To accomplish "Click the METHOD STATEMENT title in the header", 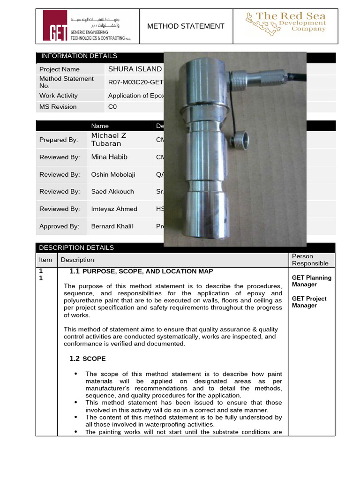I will pyautogui.click(x=186, y=26).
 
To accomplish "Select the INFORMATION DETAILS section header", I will pyautogui.click(x=79, y=56).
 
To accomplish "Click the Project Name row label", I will pyautogui.click(x=56, y=69).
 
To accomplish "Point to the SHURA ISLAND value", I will pyautogui.click(x=135, y=69).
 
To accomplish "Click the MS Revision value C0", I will pyautogui.click(x=112, y=107).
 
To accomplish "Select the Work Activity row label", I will pyautogui.click(x=59, y=96).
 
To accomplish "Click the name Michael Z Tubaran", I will pyautogui.click(x=109, y=140).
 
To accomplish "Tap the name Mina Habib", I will pyautogui.click(x=109, y=157).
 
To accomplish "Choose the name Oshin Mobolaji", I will pyautogui.click(x=113, y=174).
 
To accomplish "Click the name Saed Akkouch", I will pyautogui.click(x=112, y=192).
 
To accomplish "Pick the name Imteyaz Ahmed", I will pyautogui.click(x=114, y=209).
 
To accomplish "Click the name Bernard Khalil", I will pyautogui.click(x=112, y=226).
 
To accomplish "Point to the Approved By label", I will pyautogui.click(x=59, y=226).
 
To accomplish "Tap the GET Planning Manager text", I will pyautogui.click(x=311, y=281).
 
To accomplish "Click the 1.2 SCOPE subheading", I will pyautogui.click(x=88, y=359).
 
